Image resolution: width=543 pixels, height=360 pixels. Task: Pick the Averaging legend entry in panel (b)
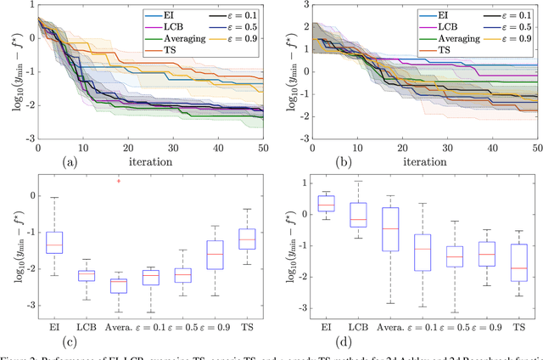[x=466, y=37]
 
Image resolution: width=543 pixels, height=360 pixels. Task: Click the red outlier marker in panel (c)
[x=119, y=181]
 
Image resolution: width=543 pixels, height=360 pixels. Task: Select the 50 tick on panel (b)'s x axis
[x=537, y=146]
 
